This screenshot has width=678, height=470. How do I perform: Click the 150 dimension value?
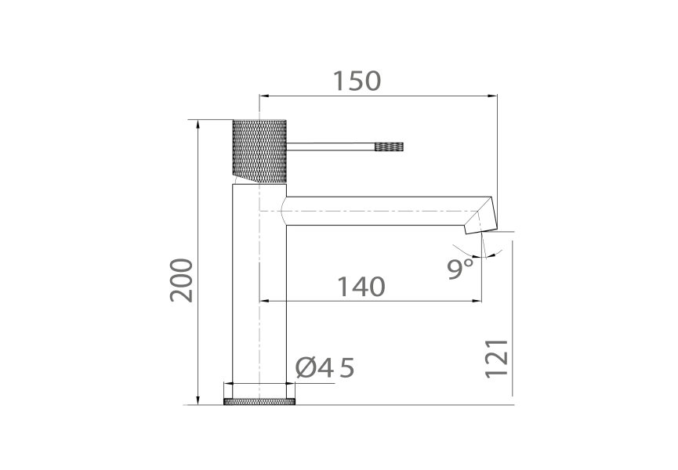coord(357,81)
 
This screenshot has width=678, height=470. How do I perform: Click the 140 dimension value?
coord(361,287)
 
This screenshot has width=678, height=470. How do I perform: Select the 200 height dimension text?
coord(182,280)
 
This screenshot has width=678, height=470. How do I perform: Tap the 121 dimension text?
coord(497,358)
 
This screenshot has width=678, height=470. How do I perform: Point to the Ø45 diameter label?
coord(325,367)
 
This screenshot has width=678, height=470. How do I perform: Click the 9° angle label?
coord(461,269)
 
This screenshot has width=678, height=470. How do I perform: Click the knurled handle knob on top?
coord(259,151)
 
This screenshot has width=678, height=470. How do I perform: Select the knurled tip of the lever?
coord(390,146)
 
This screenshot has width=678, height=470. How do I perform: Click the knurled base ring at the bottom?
coord(259,402)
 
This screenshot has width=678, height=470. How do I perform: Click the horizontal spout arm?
coord(376,211)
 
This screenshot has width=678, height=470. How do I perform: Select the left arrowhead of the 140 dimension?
coord(265,301)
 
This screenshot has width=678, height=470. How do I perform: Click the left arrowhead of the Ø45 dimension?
coord(229,384)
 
